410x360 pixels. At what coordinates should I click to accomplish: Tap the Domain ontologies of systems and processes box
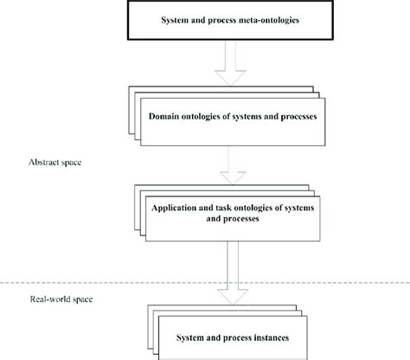click(230, 117)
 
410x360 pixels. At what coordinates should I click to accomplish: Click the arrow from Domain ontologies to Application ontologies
click(230, 165)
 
